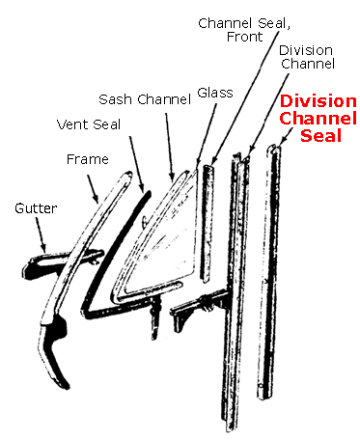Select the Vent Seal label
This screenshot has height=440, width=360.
click(94, 124)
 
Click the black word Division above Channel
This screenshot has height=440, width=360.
click(307, 49)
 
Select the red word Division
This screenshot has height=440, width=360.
click(318, 101)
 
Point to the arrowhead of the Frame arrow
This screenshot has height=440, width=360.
click(98, 200)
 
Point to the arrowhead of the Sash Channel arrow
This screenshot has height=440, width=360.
click(175, 179)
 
